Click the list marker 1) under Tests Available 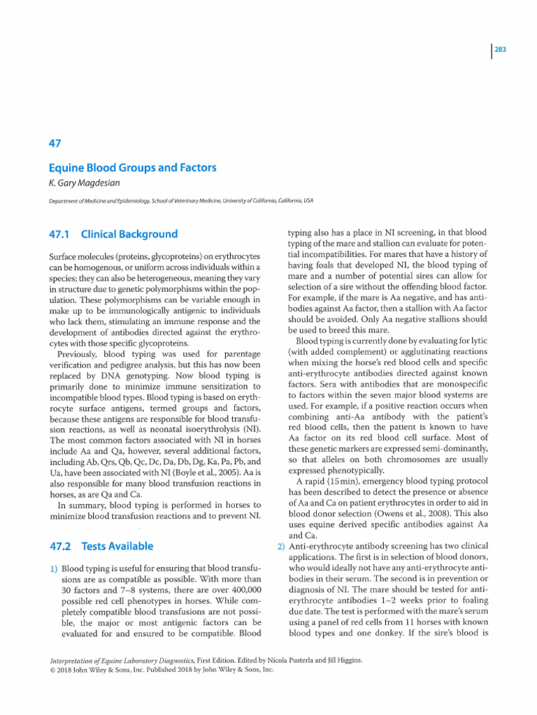coord(52,570)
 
